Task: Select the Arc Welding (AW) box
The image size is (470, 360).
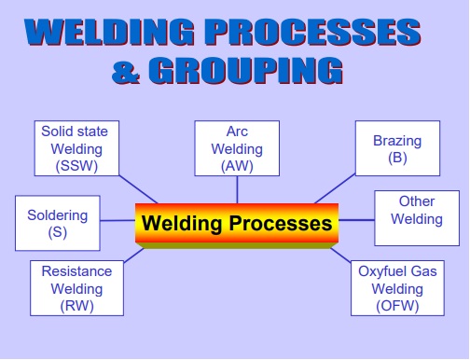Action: tap(236, 148)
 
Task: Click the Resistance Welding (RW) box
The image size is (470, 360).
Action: tap(76, 288)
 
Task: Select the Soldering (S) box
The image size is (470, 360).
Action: tap(57, 223)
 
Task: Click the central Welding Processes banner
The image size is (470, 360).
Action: tap(236, 225)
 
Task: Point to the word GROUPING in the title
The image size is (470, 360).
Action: tap(247, 70)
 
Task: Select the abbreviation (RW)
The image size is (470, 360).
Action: tap(76, 305)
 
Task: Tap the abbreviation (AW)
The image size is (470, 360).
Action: tap(236, 166)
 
